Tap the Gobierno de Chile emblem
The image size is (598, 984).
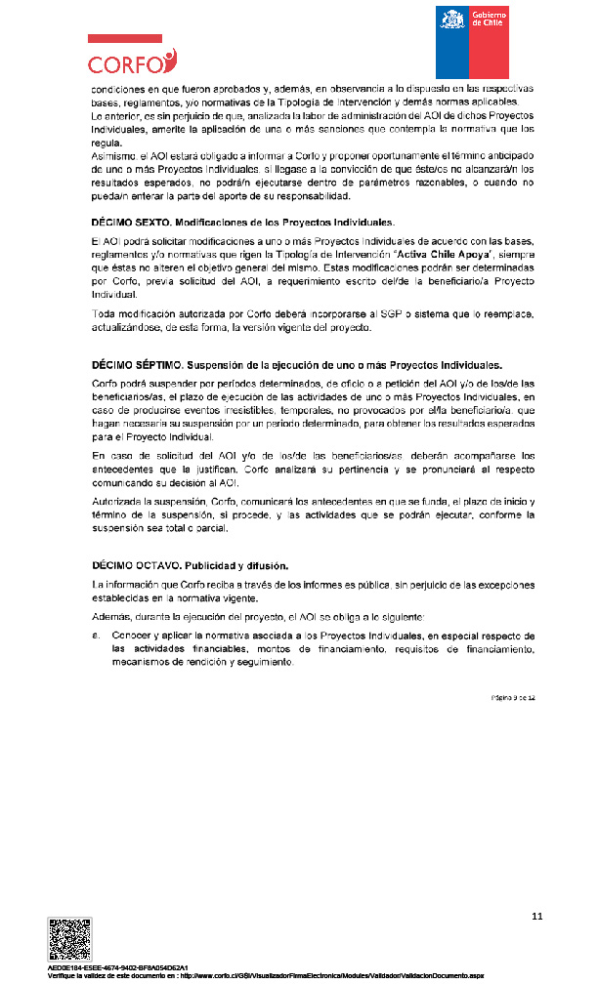pos(473,42)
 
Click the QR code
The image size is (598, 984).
pos(69,939)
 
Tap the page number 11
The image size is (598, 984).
pos(536,916)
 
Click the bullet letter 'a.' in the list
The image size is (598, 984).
pos(95,635)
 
